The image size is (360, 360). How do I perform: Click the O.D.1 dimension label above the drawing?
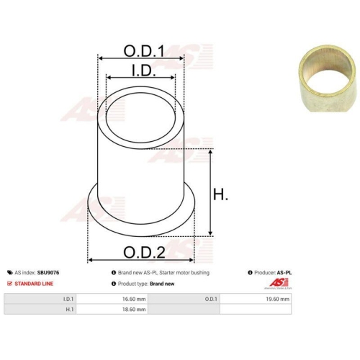click(144, 51)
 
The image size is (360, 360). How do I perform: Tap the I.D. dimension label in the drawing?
click(144, 71)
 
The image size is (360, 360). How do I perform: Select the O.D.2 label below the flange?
click(144, 253)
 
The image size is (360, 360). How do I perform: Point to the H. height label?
click(220, 194)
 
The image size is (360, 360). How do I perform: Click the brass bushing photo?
click(328, 78)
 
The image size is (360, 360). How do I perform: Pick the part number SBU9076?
click(48, 273)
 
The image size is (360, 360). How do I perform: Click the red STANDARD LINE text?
click(34, 284)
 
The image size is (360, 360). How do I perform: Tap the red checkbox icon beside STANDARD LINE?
click(9, 284)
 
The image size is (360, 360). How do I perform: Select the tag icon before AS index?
click(10, 273)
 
